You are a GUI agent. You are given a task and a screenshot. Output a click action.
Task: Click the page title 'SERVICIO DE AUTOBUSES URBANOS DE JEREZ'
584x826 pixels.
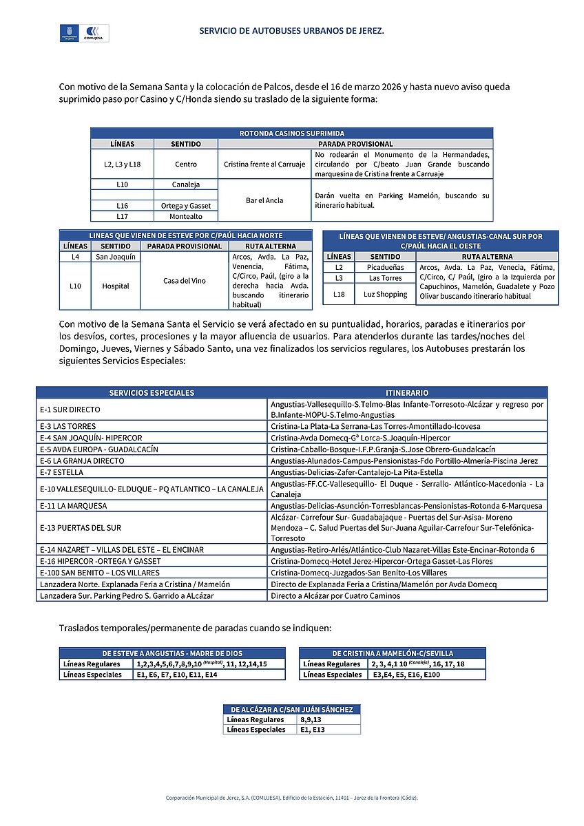click(x=291, y=31)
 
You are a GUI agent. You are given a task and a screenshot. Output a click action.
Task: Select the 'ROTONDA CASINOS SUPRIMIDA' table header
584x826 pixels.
click(x=291, y=133)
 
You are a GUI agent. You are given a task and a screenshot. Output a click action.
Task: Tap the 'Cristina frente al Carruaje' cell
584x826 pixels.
click(x=264, y=165)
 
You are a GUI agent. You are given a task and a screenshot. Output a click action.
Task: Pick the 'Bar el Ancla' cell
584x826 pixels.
click(x=264, y=200)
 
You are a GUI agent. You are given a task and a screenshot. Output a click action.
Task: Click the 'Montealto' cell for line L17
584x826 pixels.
click(x=186, y=216)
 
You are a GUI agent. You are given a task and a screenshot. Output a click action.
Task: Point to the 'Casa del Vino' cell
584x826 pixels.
click(x=185, y=280)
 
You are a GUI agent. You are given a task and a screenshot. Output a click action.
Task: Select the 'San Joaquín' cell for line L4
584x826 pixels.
click(x=116, y=257)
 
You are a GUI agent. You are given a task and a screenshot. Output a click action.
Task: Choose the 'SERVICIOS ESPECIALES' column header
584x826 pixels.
click(x=152, y=392)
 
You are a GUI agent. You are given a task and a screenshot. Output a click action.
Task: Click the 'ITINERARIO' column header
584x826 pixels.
click(x=408, y=392)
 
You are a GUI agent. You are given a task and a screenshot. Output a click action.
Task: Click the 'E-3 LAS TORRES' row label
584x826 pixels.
click(x=68, y=427)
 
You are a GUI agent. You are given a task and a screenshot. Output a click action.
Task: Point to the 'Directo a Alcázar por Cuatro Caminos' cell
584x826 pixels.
click(x=335, y=595)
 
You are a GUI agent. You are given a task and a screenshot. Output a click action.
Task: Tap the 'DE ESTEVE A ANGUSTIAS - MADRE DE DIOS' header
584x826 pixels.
click(x=172, y=653)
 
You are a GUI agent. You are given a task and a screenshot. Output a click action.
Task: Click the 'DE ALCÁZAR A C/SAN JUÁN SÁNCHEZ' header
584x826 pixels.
click(x=292, y=710)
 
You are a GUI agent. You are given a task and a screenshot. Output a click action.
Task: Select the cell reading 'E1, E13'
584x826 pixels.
click(x=313, y=730)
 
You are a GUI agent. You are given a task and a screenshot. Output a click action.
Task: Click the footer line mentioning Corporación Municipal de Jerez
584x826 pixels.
click(x=291, y=798)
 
